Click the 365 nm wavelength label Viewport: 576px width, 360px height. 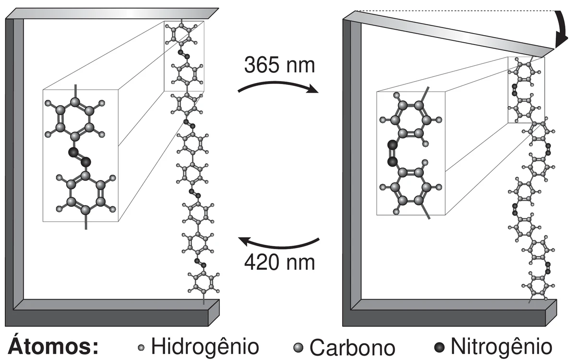[279, 65]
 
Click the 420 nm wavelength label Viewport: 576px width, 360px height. [279, 263]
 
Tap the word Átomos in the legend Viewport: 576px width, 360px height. [53, 346]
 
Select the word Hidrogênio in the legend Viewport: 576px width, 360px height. [205, 347]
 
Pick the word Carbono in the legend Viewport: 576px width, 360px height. [352, 348]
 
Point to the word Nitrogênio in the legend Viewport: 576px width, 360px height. [502, 347]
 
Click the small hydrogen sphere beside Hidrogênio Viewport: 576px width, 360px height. [141, 348]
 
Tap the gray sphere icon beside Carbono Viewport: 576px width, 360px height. [298, 348]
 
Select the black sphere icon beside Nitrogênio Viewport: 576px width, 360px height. [439, 348]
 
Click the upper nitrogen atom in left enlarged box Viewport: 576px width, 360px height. [73, 153]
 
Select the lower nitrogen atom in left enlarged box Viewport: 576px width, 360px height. [86, 162]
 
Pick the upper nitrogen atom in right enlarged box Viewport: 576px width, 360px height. [393, 145]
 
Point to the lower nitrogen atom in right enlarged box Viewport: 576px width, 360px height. [393, 162]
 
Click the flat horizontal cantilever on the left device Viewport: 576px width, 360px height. [112, 13]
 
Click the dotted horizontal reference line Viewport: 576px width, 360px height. [455, 11]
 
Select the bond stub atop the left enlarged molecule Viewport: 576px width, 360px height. [75, 91]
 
